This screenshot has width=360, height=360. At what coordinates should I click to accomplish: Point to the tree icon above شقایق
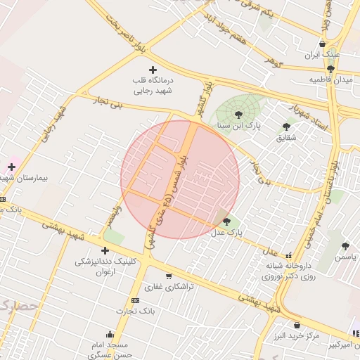[286, 127]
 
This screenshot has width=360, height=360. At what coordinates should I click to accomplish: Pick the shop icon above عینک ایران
[322, 43]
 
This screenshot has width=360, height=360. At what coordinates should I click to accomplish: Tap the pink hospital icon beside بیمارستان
[11, 167]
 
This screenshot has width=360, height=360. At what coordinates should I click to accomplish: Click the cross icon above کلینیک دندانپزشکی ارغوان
[105, 250]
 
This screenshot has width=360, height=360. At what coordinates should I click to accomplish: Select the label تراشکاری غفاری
[164, 287]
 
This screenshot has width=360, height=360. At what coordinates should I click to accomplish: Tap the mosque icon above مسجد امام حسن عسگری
[109, 335]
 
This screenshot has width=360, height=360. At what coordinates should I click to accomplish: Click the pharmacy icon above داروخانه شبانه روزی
[288, 255]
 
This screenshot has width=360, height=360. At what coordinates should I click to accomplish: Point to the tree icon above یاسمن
[345, 246]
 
